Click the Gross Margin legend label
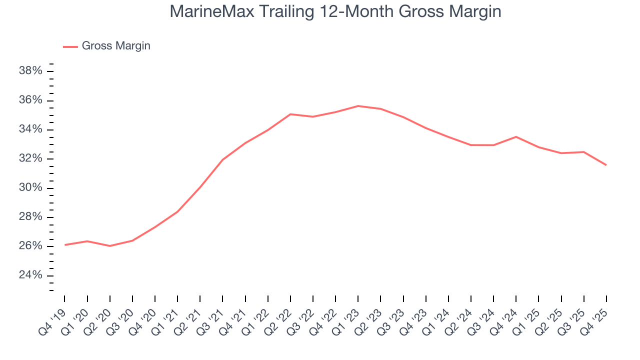click(116, 46)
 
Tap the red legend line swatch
click(70, 46)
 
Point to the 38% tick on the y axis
click(30, 71)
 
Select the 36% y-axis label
click(30, 100)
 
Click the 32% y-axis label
click(30, 158)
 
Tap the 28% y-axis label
click(30, 217)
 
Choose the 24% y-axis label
click(30, 275)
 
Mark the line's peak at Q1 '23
click(358, 106)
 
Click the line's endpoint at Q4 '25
click(606, 165)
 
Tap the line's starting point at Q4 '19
click(65, 245)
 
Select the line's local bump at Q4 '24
click(516, 136)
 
